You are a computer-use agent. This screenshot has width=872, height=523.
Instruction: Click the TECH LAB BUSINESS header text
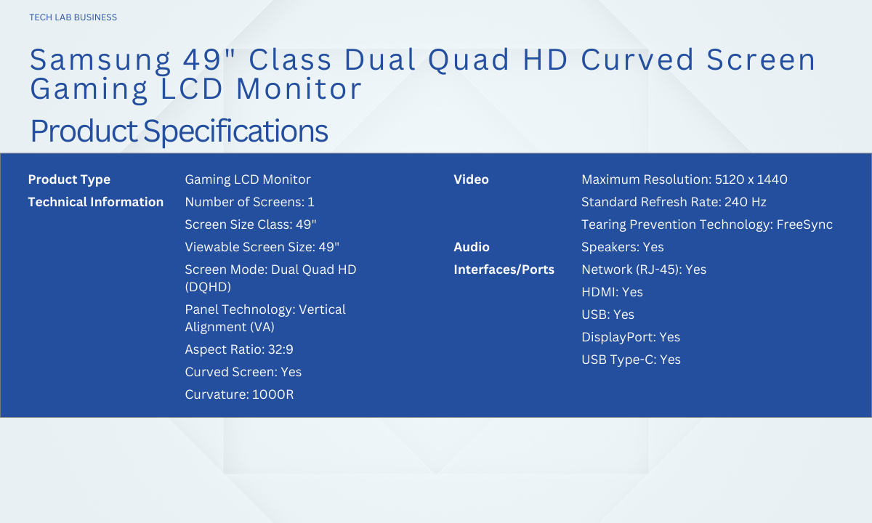click(x=73, y=17)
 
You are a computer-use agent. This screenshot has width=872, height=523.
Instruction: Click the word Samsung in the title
click(x=100, y=61)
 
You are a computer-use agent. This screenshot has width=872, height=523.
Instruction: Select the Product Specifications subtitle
click(x=179, y=131)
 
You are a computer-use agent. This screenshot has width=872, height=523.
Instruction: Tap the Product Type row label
click(x=69, y=179)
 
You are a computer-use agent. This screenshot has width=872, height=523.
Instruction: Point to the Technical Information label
click(x=96, y=202)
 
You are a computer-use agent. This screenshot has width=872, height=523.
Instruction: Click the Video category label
click(x=471, y=179)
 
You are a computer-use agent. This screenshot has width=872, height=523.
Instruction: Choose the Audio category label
click(x=472, y=247)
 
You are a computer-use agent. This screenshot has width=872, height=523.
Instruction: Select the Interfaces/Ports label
click(x=504, y=269)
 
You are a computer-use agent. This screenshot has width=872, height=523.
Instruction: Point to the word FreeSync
click(x=804, y=224)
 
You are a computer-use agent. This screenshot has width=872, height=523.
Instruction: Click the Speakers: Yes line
click(x=623, y=247)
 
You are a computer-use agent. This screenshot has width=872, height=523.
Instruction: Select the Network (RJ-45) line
click(x=644, y=269)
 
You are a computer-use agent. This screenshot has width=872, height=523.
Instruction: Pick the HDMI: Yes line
click(x=612, y=292)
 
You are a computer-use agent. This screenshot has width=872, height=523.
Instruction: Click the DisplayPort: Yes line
click(x=631, y=337)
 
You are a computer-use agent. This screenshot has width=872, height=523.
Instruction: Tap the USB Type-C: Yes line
click(x=631, y=360)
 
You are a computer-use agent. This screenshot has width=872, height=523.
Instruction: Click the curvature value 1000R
click(x=273, y=394)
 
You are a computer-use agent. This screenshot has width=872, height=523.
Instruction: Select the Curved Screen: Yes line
click(x=243, y=372)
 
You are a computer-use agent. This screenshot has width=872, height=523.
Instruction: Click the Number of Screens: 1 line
click(x=249, y=202)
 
